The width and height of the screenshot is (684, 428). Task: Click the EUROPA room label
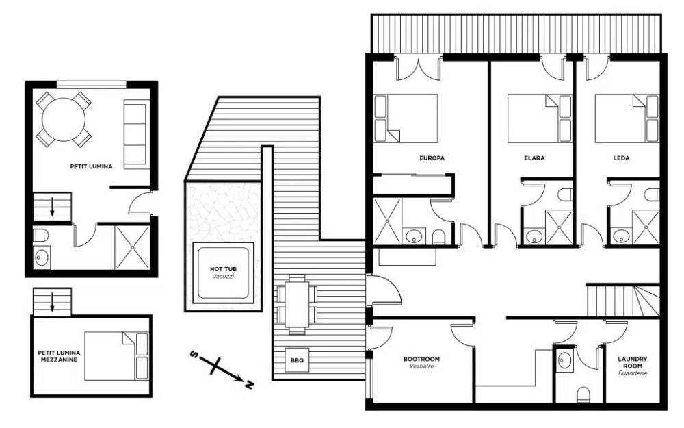[432, 158]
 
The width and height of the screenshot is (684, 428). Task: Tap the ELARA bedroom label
[534, 158]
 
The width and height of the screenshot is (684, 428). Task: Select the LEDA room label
[621, 158]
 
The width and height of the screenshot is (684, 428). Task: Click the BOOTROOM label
[421, 359]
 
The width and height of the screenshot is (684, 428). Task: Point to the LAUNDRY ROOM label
[633, 362]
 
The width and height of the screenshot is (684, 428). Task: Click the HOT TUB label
[224, 269]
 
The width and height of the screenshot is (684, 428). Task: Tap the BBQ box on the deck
[297, 360]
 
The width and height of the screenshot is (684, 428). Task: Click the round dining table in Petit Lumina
[64, 120]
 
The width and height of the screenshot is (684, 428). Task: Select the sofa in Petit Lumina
[137, 134]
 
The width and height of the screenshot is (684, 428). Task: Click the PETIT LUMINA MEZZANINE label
[59, 356]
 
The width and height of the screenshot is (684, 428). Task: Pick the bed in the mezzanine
[116, 356]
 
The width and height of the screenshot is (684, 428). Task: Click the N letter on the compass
[249, 385]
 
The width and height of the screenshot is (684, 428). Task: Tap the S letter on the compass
[194, 354]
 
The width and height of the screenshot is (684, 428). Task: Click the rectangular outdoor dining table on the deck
[297, 304]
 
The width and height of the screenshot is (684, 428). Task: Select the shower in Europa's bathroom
[387, 221]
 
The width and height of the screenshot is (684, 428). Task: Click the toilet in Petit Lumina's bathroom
[40, 235]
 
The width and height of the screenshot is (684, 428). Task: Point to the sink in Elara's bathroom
[534, 236]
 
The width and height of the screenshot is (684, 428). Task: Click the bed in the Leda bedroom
[627, 118]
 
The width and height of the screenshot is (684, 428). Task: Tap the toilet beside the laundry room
[583, 395]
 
